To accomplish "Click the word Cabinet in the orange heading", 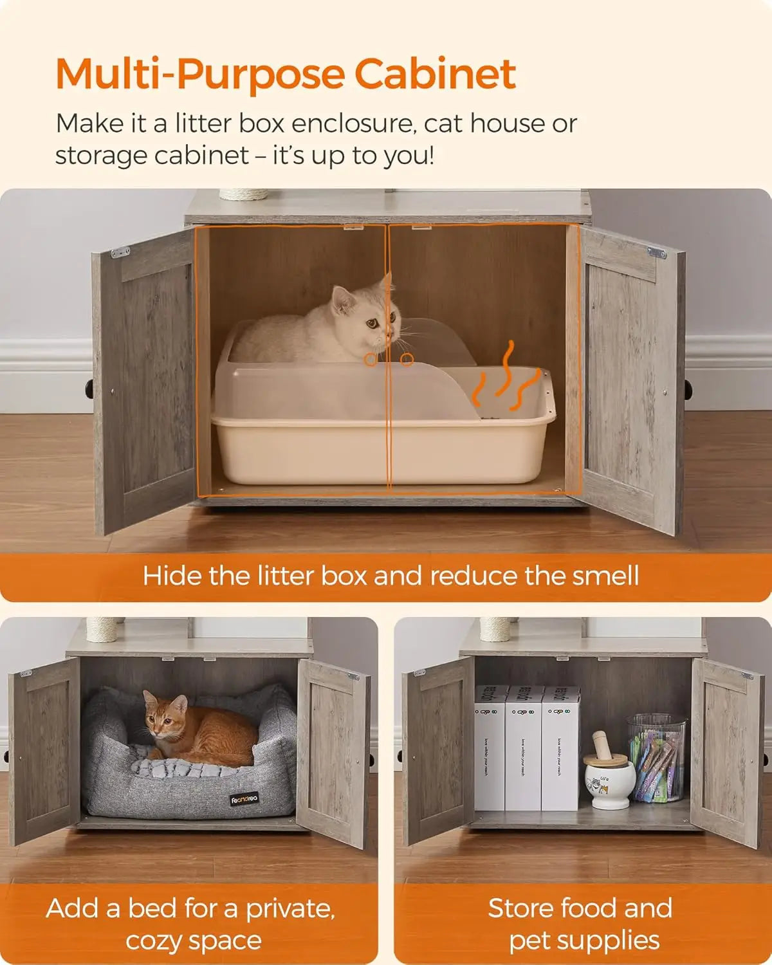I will pos(435,74).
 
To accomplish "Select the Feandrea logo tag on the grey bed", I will pos(244,800).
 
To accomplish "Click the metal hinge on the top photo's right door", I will pos(656,253).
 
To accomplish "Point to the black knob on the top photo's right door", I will pos(688,389).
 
